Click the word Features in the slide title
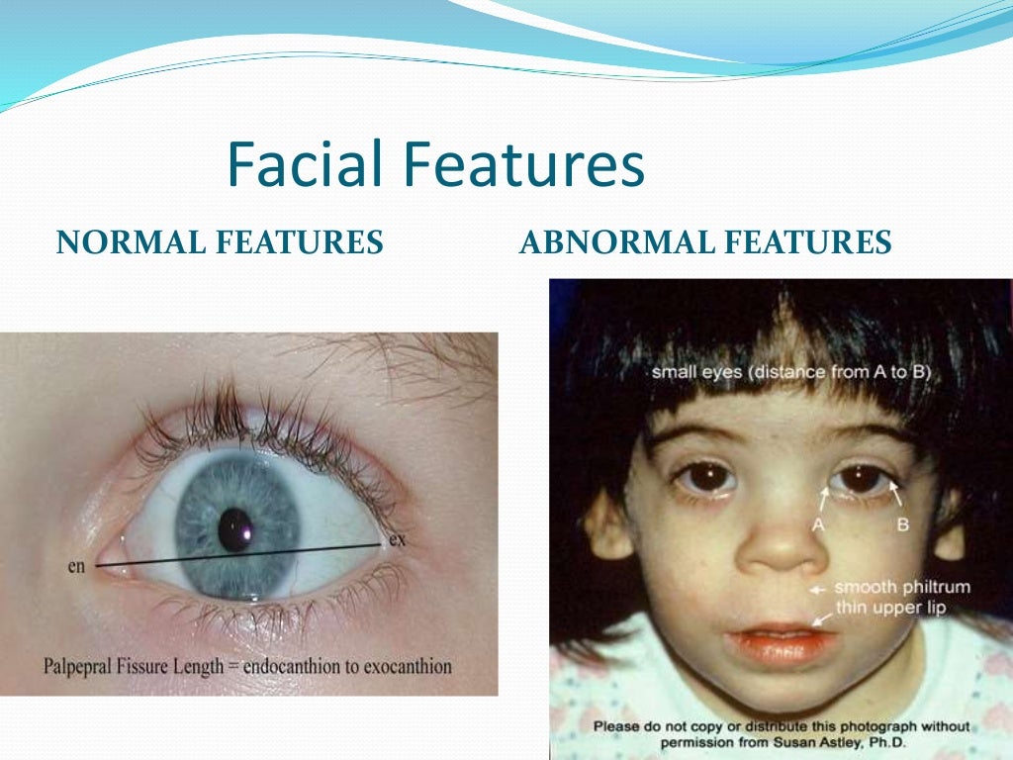529,165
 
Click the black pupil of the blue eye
235,528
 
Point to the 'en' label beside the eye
76,566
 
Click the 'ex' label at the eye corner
399,539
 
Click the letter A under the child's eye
818,525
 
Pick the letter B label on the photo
902,524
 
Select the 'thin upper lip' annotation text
890,608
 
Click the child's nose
781,549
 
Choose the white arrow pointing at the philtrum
818,589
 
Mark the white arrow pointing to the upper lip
820,617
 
